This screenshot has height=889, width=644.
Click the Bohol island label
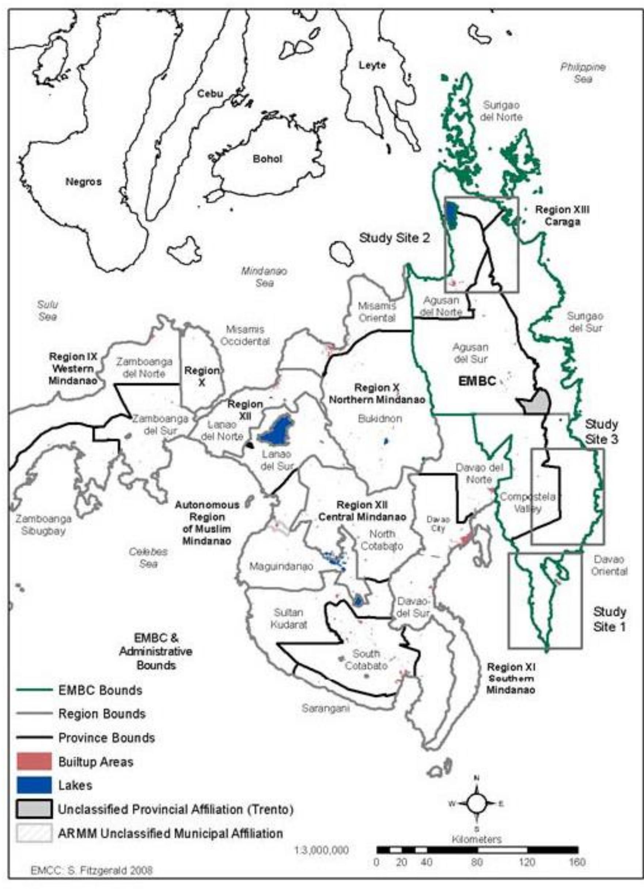(268, 160)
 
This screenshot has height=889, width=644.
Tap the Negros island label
(83, 182)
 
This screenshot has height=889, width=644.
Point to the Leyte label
(372, 65)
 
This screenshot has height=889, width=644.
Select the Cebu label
(210, 94)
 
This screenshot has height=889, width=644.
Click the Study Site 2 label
(394, 238)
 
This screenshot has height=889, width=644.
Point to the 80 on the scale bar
(477, 862)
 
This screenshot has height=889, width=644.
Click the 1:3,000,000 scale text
(321, 850)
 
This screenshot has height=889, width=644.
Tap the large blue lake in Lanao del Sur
(276, 431)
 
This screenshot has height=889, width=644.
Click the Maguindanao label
(281, 567)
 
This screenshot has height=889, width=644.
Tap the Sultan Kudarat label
(288, 619)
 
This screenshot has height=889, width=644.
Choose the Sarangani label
(325, 708)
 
